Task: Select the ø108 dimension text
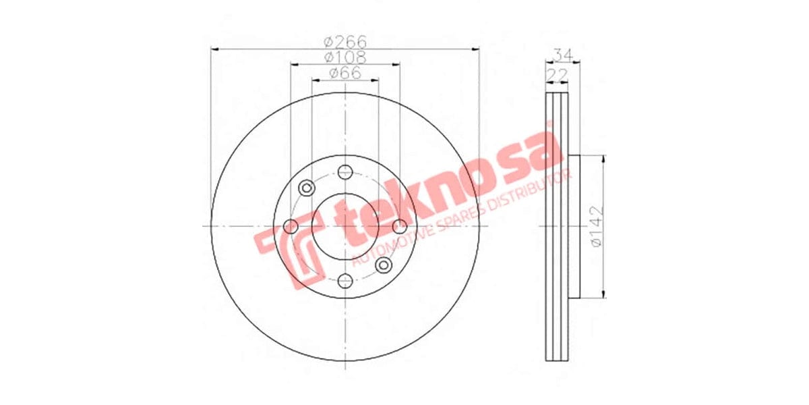345,57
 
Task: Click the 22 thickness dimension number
556,73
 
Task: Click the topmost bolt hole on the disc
345,171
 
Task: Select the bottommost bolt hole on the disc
345,280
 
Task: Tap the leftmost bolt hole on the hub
291,226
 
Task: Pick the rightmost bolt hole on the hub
400,226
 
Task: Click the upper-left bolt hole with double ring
306,187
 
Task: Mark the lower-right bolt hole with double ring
384,265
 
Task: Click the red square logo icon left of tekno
290,253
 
